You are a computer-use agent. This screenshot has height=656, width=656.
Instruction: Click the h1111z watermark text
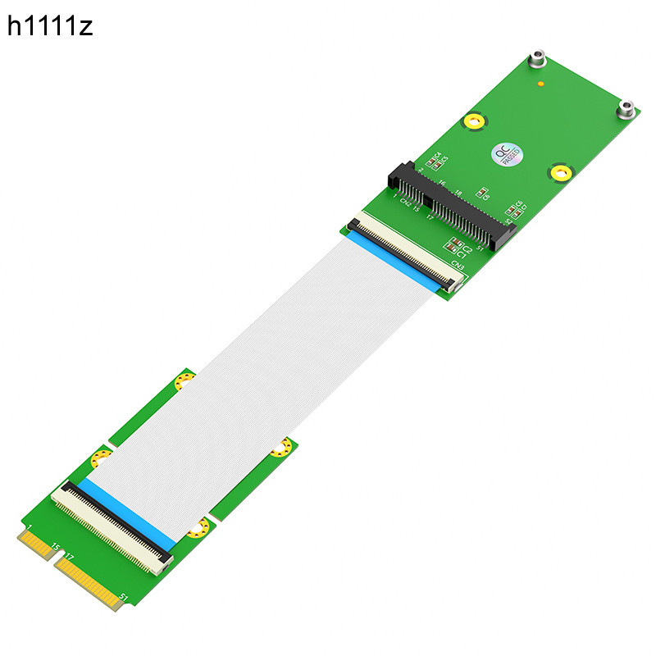(x=51, y=26)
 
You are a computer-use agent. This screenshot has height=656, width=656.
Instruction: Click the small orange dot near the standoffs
(x=540, y=84)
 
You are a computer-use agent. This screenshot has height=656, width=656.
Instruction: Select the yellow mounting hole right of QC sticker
(x=560, y=173)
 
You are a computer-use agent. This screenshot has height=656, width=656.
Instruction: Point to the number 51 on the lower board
(x=123, y=596)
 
